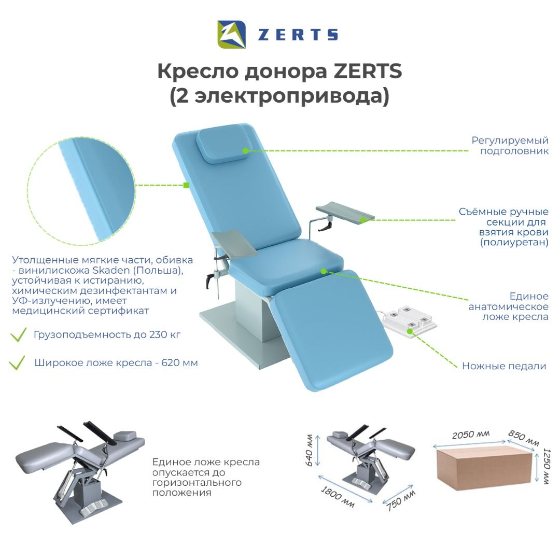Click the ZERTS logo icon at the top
coord(231,34)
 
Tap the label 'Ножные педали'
coord(504,366)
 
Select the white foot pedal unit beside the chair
coord(411,320)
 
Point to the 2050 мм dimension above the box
coord(470,435)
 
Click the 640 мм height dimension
coord(309,450)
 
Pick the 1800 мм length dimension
coord(338,497)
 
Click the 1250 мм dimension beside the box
coord(547,466)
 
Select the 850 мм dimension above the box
coord(524,438)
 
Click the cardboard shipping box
coord(486,469)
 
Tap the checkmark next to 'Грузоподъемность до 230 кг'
coord(18,334)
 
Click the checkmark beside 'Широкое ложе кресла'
coord(17,362)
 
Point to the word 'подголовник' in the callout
coord(514,151)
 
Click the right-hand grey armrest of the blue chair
coord(345,213)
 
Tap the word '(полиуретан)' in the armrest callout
coord(514,243)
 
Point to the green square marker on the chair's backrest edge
coord(186,185)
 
